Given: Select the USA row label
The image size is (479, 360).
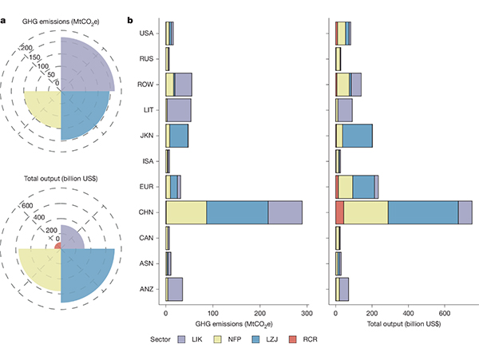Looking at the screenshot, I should point(146,34).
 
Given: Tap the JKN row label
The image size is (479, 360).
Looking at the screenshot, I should point(146,136).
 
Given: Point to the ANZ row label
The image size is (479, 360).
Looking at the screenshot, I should point(146,289).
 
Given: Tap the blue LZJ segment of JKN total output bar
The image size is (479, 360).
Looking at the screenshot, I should point(358,136).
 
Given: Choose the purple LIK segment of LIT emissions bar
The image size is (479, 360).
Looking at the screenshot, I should point(180,110).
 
